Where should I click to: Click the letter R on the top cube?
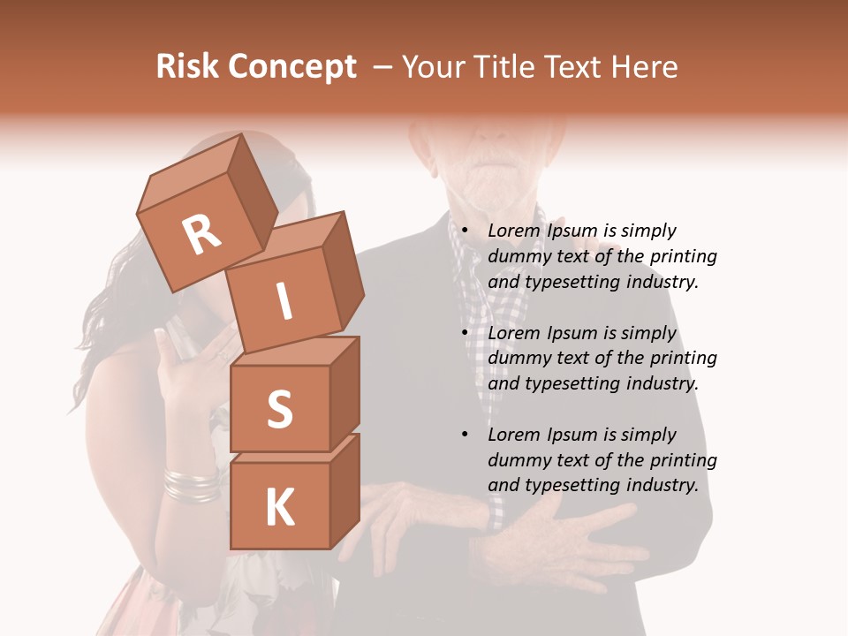[x=201, y=235]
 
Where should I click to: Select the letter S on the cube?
[x=279, y=408]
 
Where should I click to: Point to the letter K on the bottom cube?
[x=279, y=507]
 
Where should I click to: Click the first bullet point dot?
[x=466, y=231]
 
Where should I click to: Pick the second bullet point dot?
[x=466, y=334]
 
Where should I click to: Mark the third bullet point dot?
[x=466, y=435]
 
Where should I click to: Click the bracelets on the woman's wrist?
[x=191, y=483]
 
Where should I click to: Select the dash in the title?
[x=383, y=67]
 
